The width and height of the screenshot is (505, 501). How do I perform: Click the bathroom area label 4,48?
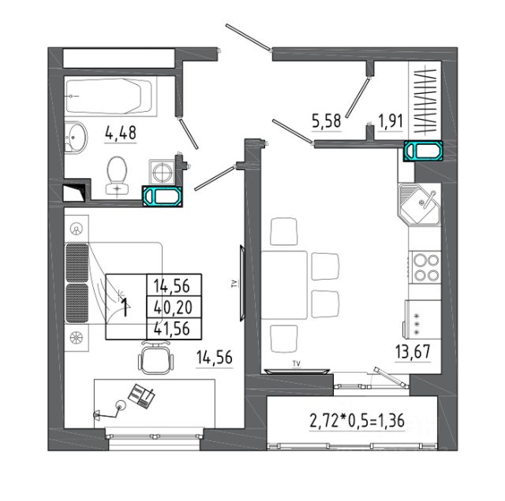tap(121, 133)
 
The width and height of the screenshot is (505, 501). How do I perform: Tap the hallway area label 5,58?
tap(326, 121)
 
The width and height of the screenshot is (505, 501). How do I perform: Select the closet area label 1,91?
tap(391, 121)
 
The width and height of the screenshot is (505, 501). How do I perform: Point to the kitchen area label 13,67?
tap(413, 351)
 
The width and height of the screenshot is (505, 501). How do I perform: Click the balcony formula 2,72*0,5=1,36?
tap(357, 421)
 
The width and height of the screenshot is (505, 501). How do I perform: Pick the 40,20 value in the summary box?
tap(174, 307)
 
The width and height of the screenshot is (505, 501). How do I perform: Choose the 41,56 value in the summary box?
tap(172, 328)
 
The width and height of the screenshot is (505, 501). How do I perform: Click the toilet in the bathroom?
tap(117, 176)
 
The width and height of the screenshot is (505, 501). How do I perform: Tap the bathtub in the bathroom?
tap(110, 96)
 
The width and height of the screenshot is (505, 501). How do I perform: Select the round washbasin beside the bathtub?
tap(76, 137)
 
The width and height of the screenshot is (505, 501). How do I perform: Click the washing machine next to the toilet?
tap(162, 172)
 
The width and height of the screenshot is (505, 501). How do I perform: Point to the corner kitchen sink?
tap(419, 204)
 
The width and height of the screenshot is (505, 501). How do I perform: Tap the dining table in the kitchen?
tap(284, 285)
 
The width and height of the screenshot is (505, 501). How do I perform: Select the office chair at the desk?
tap(156, 358)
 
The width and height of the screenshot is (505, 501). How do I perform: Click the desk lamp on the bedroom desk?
tap(110, 410)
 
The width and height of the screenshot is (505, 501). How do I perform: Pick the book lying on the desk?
tap(142, 395)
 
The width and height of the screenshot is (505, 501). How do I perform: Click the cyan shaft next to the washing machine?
tap(163, 196)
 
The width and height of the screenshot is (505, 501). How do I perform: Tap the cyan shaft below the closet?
tap(423, 150)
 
